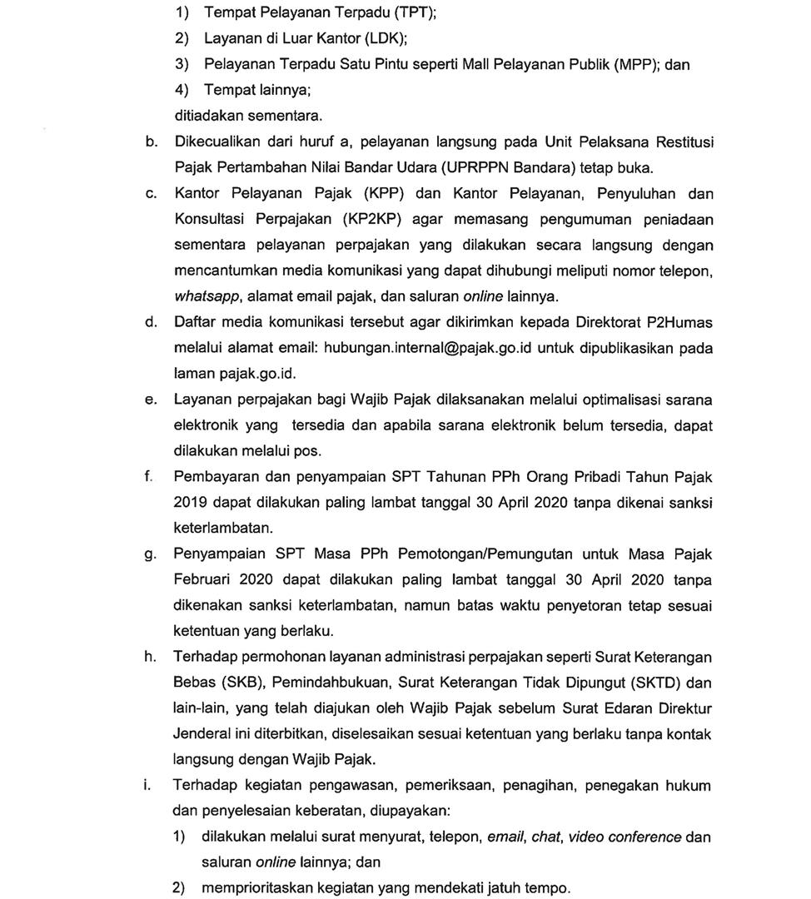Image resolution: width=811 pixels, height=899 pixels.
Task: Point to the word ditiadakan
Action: point(206,116)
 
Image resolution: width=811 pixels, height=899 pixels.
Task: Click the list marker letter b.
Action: point(151,142)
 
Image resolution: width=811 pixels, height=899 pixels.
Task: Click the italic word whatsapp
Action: point(205,296)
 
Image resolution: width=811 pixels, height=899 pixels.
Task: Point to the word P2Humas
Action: point(676,322)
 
